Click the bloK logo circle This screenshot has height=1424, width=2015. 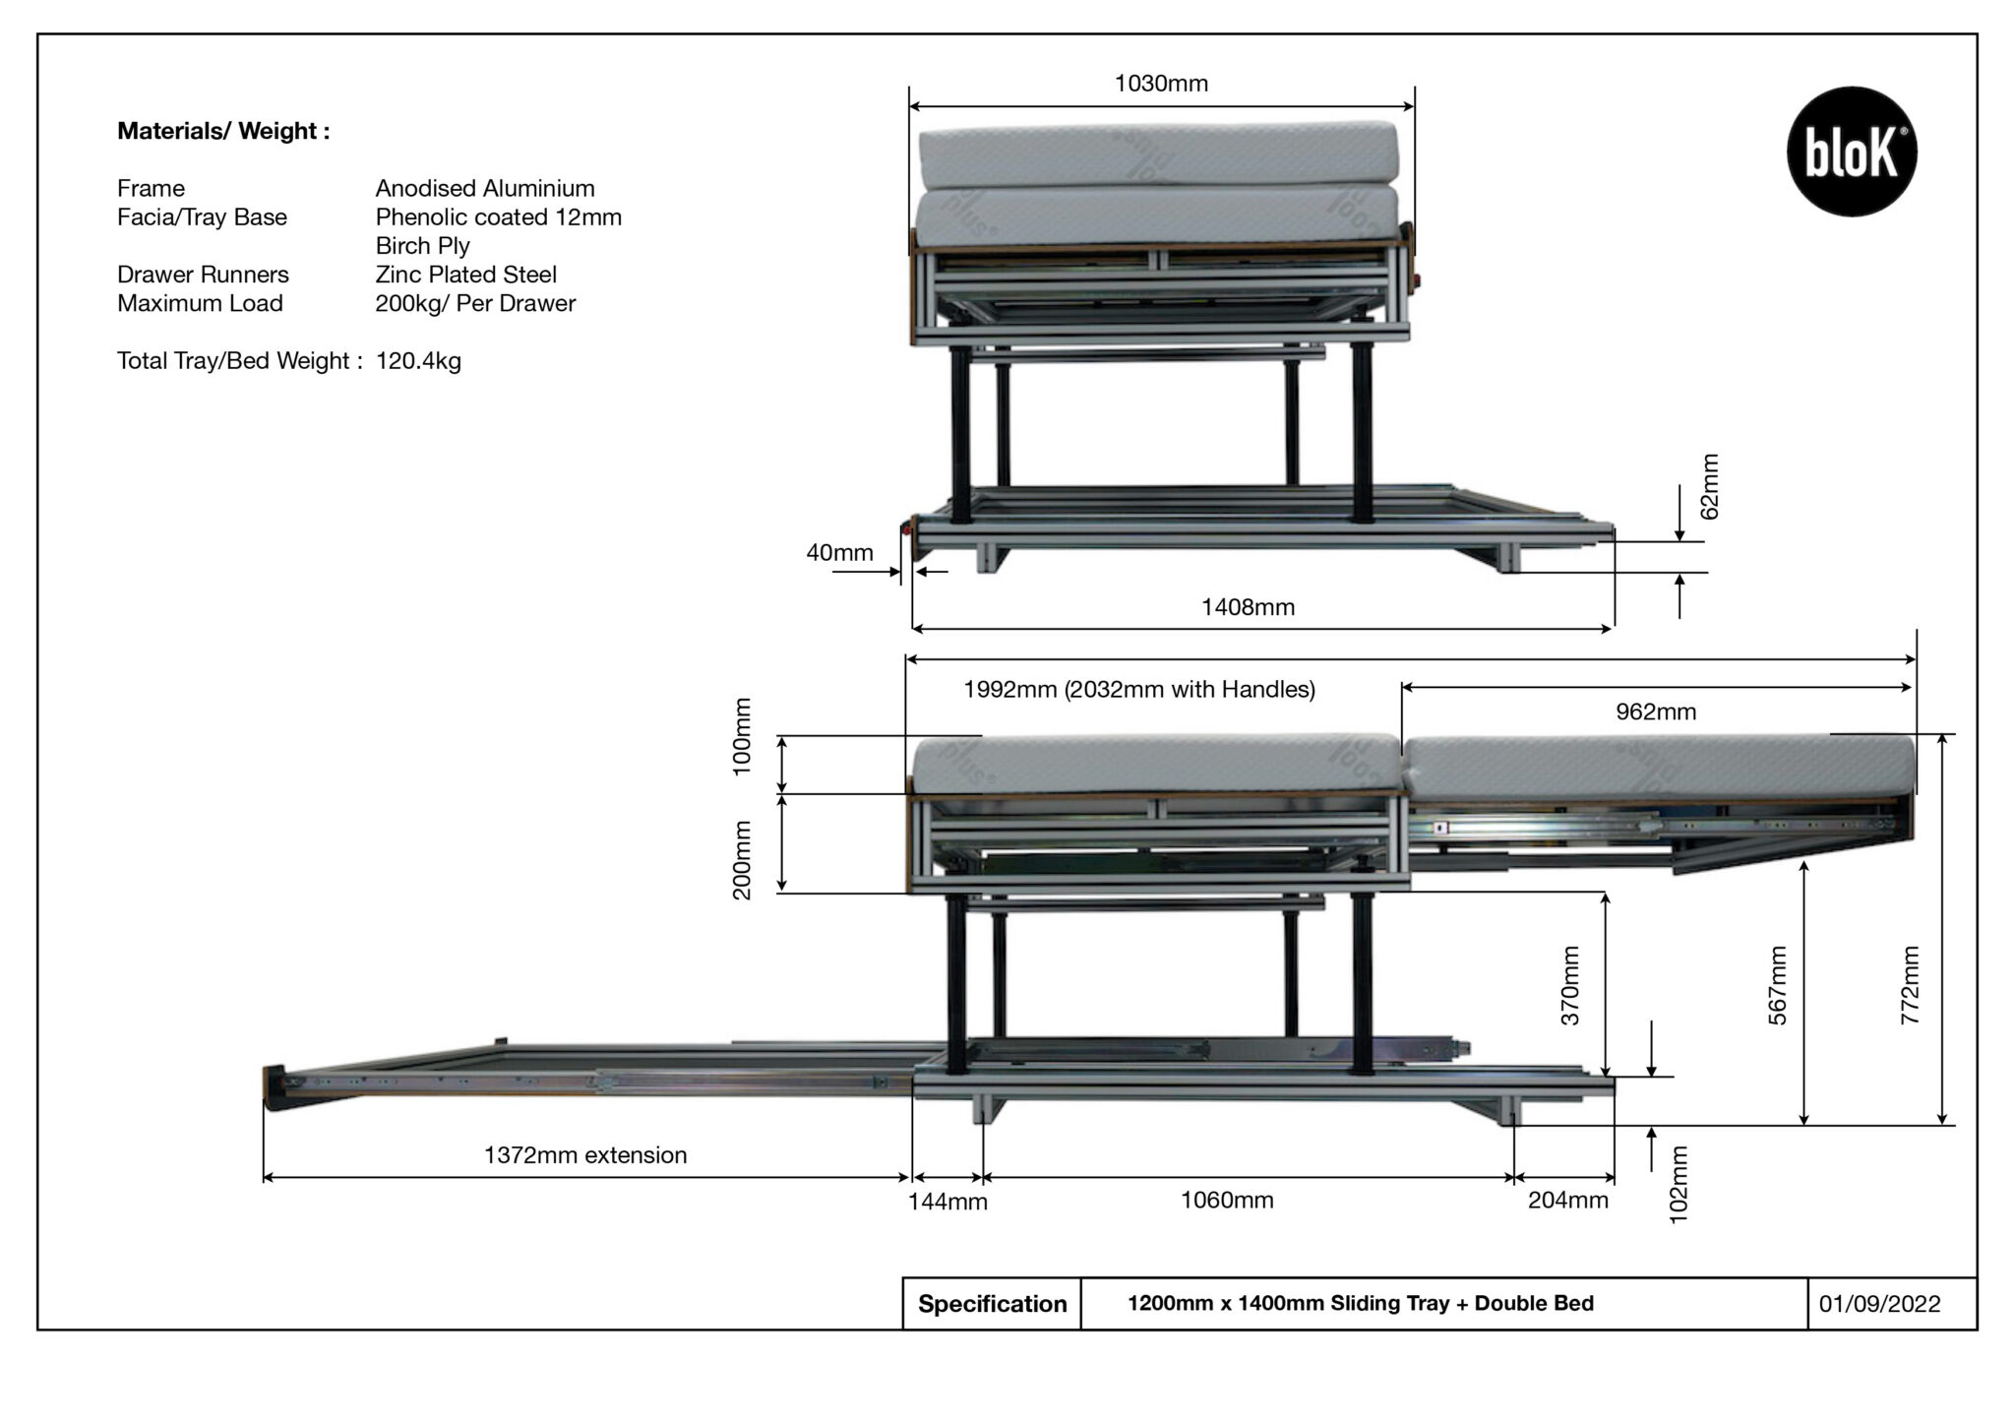pos(1851,152)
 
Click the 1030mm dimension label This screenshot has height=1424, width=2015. pos(1161,85)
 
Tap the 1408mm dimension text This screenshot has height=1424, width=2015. pos(1248,608)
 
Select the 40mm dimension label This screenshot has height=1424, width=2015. pos(839,553)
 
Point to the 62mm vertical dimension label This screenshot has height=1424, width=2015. pos(1710,487)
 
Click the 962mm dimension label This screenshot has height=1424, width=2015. pos(1656,712)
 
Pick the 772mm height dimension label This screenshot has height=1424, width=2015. pos(1910,986)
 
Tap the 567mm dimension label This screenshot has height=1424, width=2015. pos(1778,986)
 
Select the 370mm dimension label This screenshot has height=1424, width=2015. pos(1571,986)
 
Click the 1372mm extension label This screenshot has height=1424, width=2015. pos(585,1156)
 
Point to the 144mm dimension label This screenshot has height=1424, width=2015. pos(947,1203)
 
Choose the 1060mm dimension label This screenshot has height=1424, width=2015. pos(1227,1201)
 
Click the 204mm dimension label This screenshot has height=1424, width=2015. pos(1567,1201)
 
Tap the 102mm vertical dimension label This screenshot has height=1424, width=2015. pos(1679,1186)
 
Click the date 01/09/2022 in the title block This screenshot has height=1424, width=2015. pos(1879,1305)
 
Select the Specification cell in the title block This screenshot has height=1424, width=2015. pos(992,1305)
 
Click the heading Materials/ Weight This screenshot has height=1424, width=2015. pos(223,132)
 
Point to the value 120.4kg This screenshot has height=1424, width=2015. pos(418,361)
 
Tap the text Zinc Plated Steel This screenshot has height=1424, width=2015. pos(465,275)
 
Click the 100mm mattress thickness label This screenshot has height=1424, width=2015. pos(743,737)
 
